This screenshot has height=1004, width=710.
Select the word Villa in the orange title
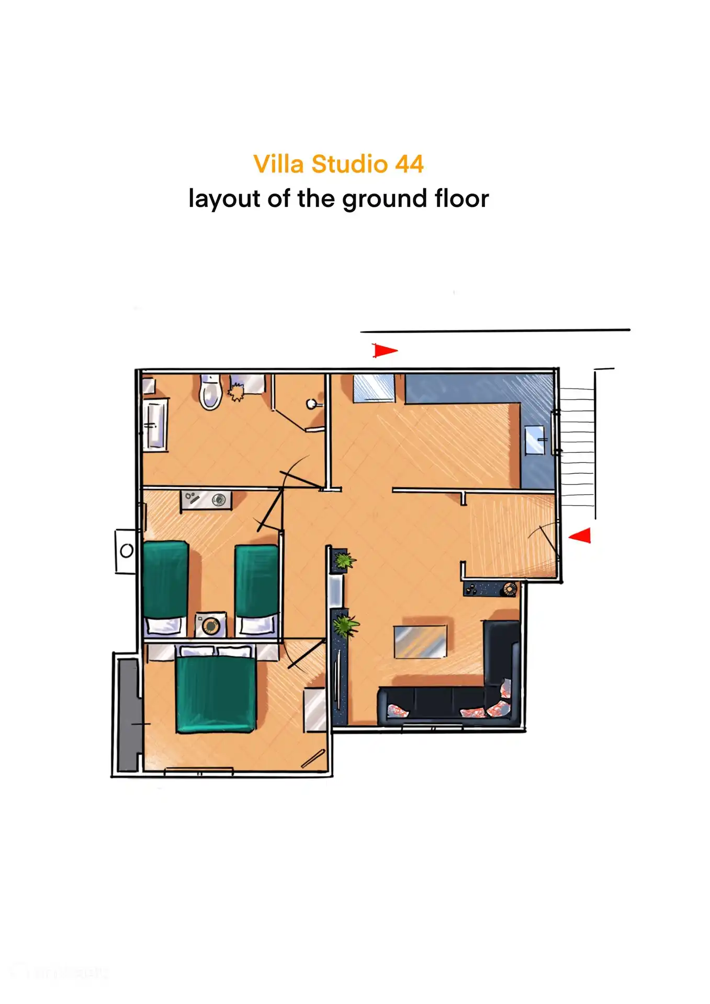(x=278, y=164)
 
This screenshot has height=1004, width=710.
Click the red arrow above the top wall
(x=385, y=350)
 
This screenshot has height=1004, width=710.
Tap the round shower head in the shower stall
(x=312, y=404)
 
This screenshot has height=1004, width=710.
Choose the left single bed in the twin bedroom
(x=165, y=588)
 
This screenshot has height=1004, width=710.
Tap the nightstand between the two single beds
(x=211, y=625)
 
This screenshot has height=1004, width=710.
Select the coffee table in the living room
(x=421, y=642)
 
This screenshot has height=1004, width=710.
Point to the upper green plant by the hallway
(x=343, y=562)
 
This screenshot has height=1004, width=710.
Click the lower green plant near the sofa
(x=346, y=625)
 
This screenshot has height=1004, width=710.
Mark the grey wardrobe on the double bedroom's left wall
(x=128, y=714)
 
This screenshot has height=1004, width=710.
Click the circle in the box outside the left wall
(x=127, y=551)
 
